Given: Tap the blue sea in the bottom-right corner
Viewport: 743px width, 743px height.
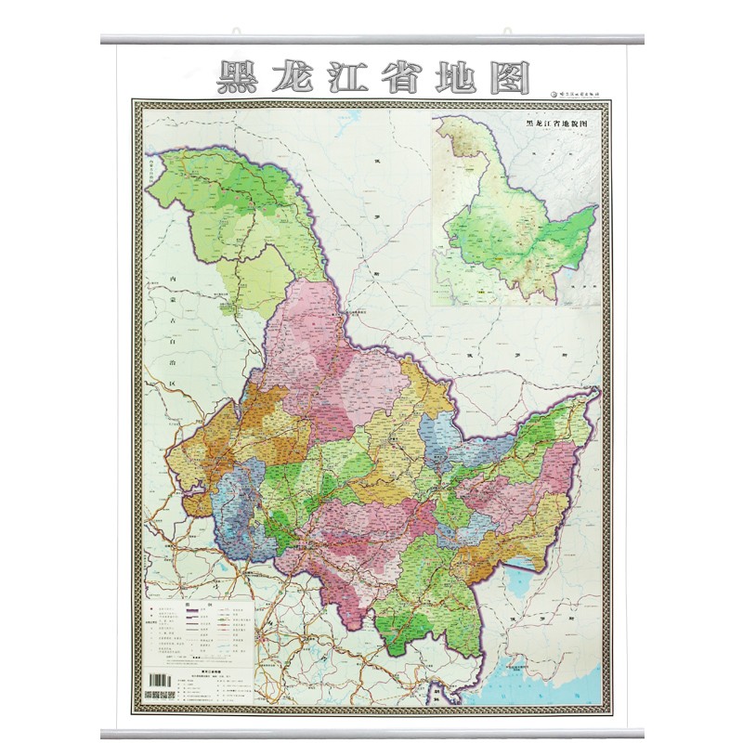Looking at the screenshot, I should (x=576, y=683).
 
